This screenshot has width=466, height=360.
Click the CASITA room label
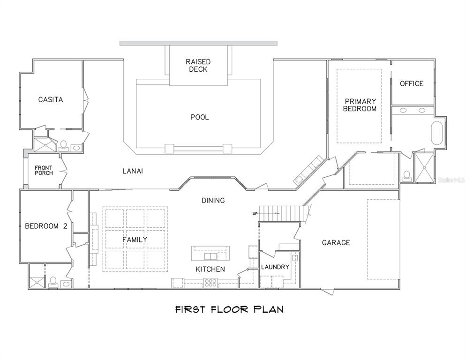click(x=51, y=99)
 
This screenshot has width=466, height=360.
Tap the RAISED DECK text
click(x=198, y=66)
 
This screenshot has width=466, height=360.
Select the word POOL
click(x=199, y=117)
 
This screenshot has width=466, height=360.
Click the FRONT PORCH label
click(x=44, y=170)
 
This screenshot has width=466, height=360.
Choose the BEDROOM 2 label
click(x=45, y=226)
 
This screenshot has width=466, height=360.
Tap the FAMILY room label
click(x=135, y=240)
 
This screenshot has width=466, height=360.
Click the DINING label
click(x=213, y=201)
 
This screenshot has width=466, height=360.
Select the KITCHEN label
click(x=210, y=269)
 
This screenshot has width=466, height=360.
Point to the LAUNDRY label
click(x=275, y=267)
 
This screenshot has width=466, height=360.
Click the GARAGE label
click(x=336, y=242)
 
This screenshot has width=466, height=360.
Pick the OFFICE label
click(x=412, y=83)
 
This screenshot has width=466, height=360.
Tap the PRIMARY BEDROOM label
click(x=360, y=105)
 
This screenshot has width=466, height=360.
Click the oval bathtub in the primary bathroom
click(x=436, y=133)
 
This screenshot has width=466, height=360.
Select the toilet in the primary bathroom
click(x=407, y=176)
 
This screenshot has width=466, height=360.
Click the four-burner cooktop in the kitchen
click(x=210, y=283)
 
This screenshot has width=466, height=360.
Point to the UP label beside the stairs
click(x=256, y=214)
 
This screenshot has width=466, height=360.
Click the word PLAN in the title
click(x=269, y=309)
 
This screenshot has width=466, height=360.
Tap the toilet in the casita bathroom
click(x=63, y=145)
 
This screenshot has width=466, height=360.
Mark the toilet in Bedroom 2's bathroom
click(x=53, y=281)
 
